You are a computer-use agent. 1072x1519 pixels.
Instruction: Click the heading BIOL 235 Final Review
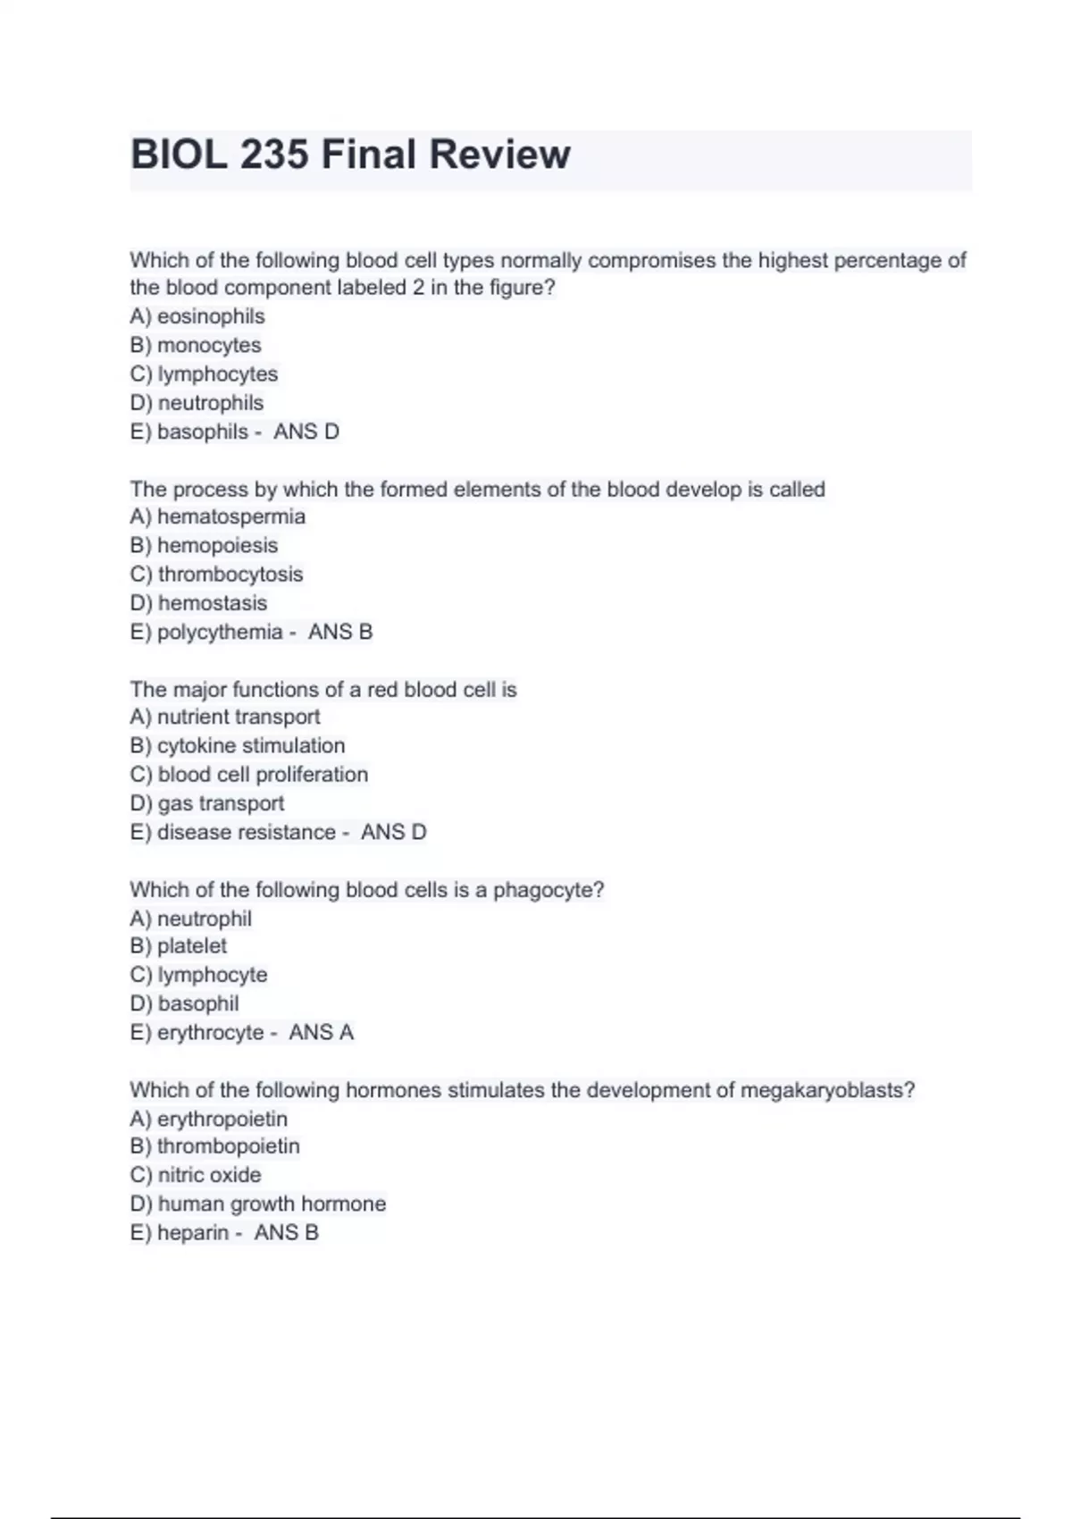point(350,155)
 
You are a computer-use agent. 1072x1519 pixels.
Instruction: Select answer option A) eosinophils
point(197,316)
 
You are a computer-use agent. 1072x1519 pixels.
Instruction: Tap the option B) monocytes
point(196,345)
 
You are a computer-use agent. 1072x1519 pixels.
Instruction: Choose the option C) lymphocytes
point(204,373)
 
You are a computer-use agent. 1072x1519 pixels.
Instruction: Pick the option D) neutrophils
point(197,403)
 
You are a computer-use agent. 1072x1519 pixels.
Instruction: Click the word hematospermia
point(231,516)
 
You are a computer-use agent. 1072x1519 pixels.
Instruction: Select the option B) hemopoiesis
point(204,545)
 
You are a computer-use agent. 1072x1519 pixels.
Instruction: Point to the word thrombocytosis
point(230,574)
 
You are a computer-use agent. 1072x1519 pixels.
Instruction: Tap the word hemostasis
point(213,603)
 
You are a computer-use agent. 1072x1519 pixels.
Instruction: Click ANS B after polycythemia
point(340,632)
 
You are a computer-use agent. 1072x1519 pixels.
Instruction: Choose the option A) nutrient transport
point(224,717)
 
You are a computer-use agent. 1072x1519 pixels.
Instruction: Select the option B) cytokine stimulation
point(237,745)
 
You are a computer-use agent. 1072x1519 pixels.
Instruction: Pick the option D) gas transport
point(207,803)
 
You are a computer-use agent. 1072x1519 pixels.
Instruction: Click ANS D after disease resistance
point(394,832)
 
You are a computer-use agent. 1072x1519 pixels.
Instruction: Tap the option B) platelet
point(179,945)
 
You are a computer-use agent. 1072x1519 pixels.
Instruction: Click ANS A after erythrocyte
point(322,1032)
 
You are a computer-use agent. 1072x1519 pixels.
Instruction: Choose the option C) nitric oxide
point(196,1175)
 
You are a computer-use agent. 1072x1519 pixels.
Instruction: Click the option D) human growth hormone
point(258,1204)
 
